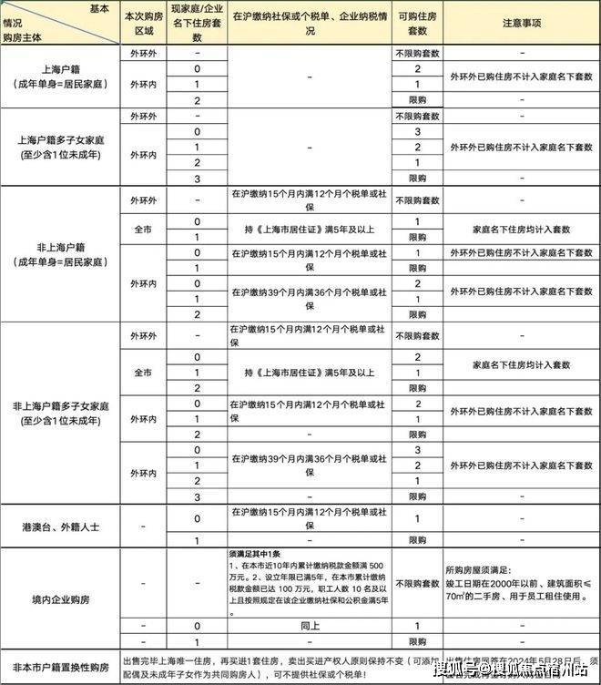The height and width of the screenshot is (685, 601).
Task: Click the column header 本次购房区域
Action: (144, 23)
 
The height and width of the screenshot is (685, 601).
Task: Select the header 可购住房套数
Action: (417, 23)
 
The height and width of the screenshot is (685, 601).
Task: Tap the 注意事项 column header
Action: (523, 23)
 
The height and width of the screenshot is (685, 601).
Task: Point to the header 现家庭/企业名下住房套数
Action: (197, 23)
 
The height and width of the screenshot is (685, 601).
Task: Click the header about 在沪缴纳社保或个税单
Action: (309, 23)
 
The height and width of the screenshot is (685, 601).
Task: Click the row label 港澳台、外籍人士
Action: (61, 527)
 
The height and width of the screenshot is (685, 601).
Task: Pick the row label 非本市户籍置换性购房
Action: (61, 666)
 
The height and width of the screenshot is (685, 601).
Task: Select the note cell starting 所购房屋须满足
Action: (523, 584)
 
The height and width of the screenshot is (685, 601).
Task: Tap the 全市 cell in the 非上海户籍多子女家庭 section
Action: (144, 373)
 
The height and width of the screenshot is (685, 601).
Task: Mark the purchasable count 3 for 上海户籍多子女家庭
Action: (417, 132)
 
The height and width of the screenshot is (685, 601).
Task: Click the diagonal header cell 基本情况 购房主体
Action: (61, 23)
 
